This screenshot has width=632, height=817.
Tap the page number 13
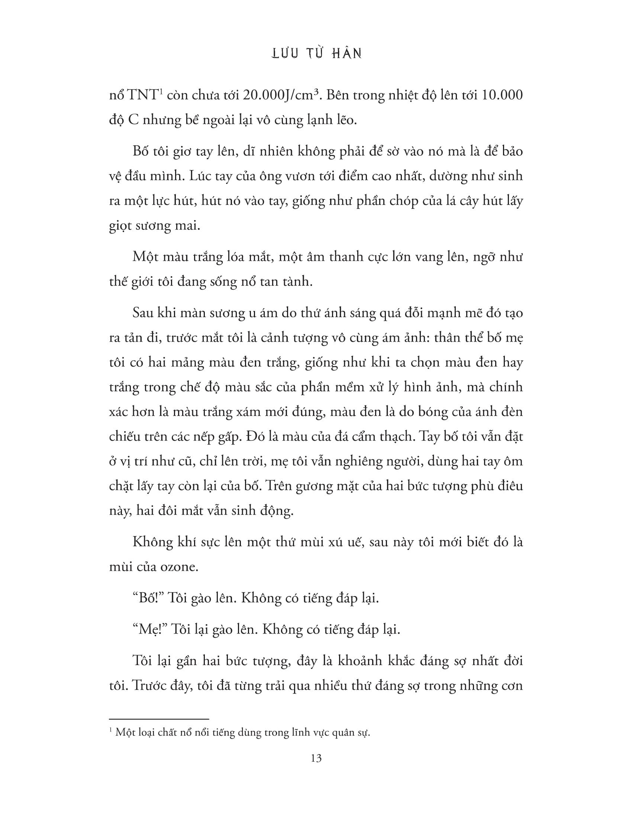[316, 758]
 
